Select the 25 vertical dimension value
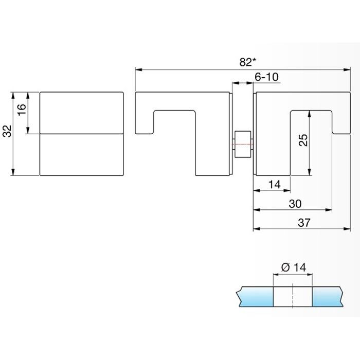click(x=303, y=140)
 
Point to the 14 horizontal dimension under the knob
click(x=275, y=184)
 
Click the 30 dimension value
click(x=295, y=204)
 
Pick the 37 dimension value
click(x=304, y=223)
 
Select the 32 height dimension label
click(x=6, y=132)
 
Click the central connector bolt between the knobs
click(x=242, y=145)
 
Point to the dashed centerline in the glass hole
click(x=292, y=297)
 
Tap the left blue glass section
click(x=254, y=297)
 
